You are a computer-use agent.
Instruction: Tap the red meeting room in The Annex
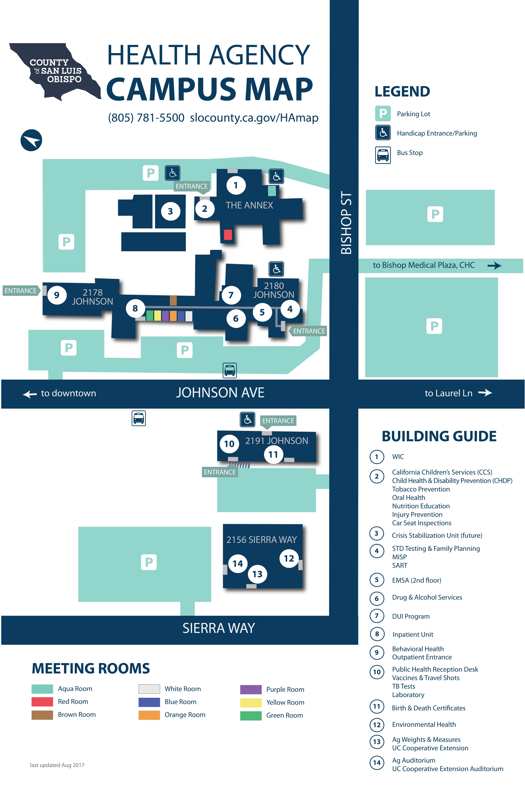(228, 234)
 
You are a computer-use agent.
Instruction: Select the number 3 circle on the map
(170, 211)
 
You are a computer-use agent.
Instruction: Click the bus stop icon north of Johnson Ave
(230, 370)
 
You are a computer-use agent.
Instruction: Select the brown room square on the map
(173, 300)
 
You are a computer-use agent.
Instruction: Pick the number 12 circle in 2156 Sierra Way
(289, 558)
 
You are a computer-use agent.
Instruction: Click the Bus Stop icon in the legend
(383, 155)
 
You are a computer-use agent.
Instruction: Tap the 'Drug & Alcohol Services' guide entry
(427, 597)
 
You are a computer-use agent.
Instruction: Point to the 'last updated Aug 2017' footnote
(57, 765)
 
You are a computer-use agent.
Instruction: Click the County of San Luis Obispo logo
(55, 71)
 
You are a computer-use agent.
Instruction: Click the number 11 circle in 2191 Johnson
(273, 454)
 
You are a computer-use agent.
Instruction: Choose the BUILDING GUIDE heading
(439, 436)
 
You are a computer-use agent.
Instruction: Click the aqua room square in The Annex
(272, 191)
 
